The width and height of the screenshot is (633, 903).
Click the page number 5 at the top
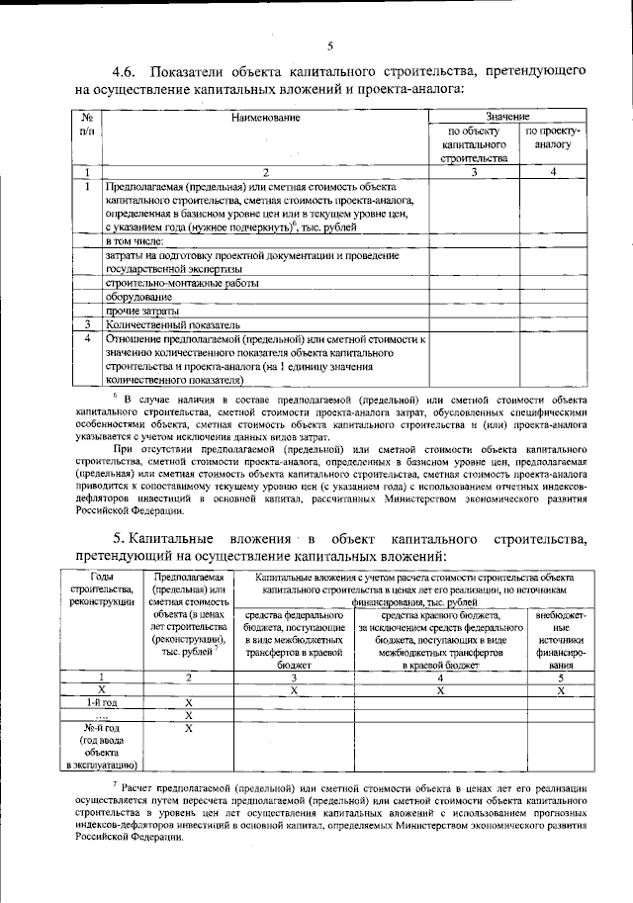pos(330,44)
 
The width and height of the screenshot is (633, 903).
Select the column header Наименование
pos(265,118)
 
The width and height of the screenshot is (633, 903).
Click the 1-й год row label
pos(102,701)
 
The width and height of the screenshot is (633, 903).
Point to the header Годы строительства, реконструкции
pos(102,590)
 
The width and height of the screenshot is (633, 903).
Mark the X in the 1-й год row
pos(188,701)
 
